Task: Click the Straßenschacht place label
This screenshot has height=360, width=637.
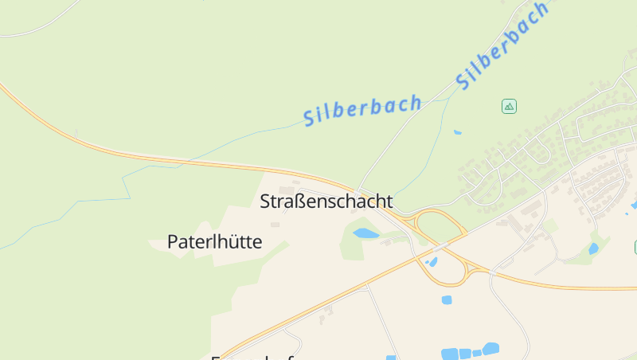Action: pos(326,202)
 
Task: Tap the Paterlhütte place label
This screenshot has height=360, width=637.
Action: pos(214,241)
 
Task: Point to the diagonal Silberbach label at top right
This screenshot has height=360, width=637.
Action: pos(502,45)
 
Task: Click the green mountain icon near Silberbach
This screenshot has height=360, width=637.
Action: pos(509,106)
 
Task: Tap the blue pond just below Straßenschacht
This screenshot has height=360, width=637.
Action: pos(365,233)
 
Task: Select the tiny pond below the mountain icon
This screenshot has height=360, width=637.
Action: pos(457,131)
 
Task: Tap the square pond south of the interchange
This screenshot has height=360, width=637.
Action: pos(446,299)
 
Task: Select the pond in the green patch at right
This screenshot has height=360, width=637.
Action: pos(593,248)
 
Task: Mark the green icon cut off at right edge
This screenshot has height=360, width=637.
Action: pos(635,247)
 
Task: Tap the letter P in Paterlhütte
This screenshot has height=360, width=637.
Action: pos(173,241)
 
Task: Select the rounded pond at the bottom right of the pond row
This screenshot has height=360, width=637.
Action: pos(490,348)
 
